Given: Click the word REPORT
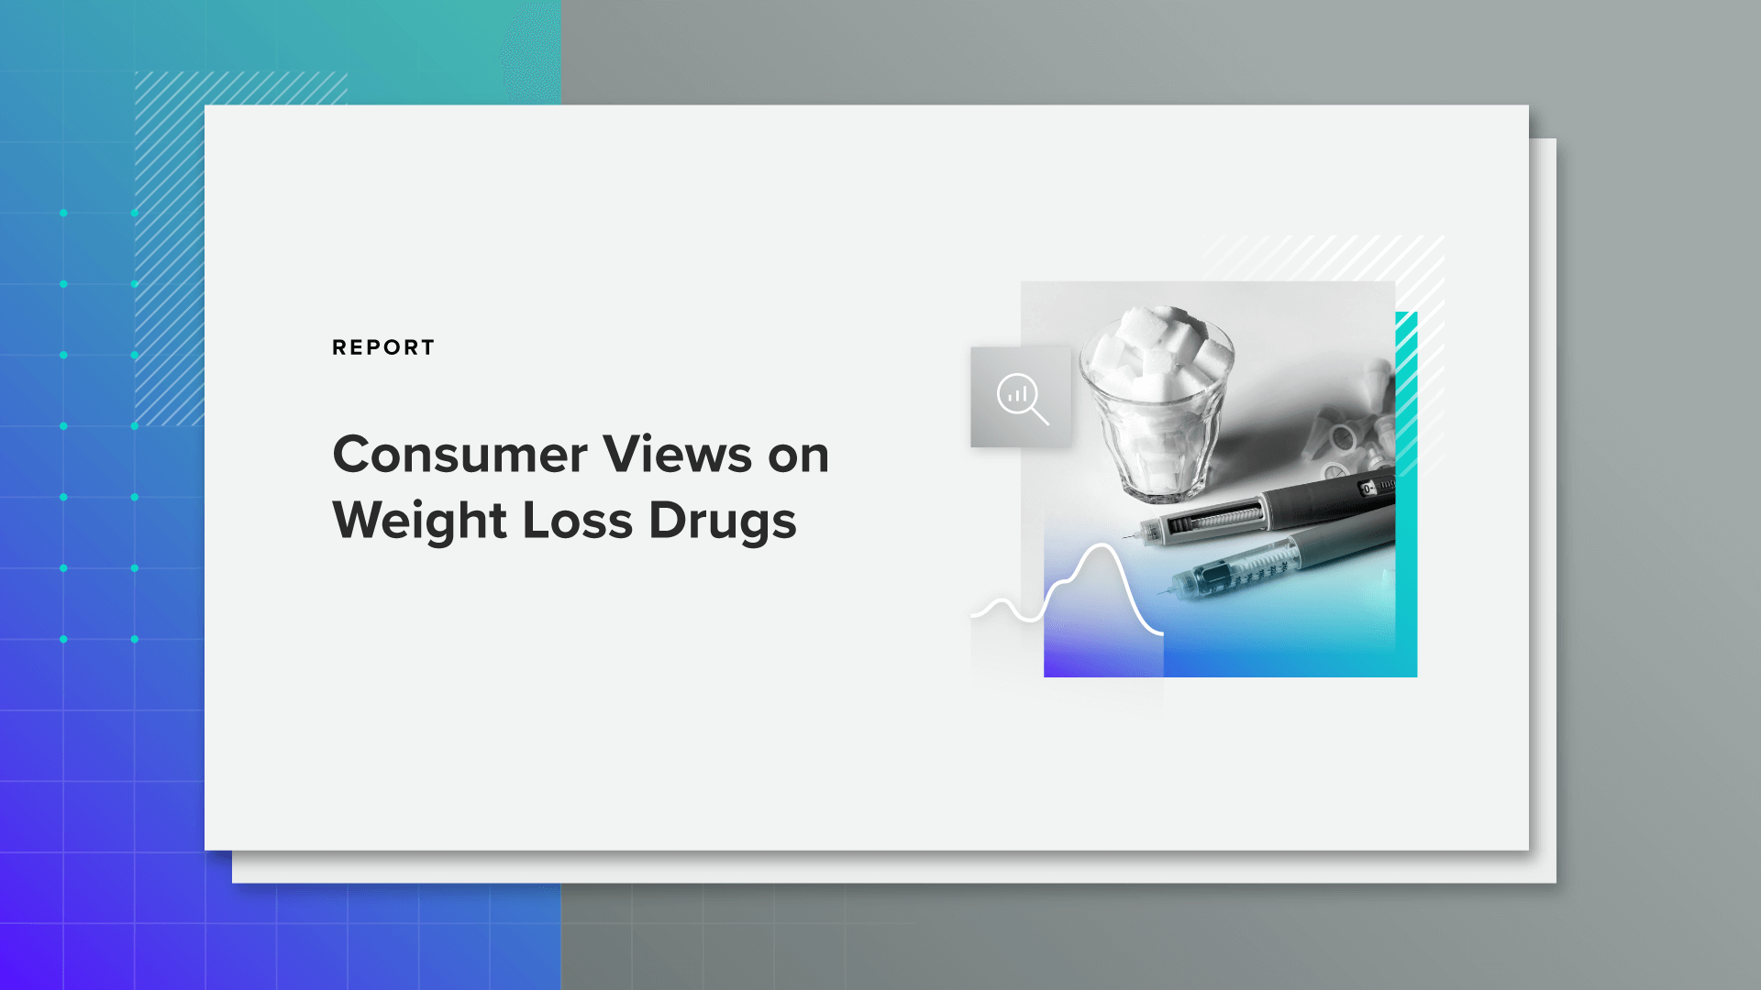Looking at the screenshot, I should pos(383,347).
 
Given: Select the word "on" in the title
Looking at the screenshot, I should pos(798,456).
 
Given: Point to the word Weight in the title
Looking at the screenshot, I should pos(419,521).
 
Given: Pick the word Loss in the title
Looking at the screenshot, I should pos(577,521).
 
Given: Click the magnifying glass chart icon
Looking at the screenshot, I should pos(1021,398).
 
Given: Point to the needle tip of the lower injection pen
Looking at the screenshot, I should pos(1161,592).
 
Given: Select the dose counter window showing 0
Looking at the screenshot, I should pos(1368,489).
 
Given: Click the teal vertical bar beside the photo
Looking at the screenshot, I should pos(1407,495).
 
